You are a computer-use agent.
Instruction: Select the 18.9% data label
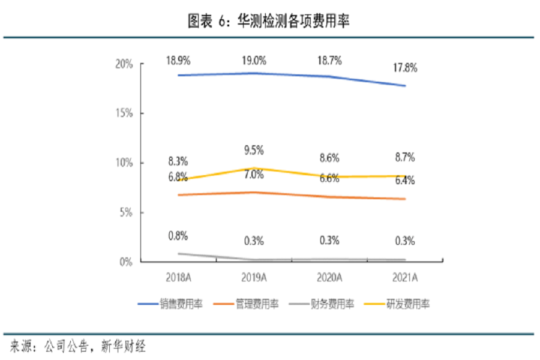(x=178, y=61)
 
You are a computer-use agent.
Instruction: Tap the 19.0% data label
(x=254, y=61)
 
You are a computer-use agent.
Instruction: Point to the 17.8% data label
(x=405, y=68)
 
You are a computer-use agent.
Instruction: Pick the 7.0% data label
(x=254, y=175)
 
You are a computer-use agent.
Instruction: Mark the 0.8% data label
(x=178, y=236)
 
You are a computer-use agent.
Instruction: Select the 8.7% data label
(x=405, y=158)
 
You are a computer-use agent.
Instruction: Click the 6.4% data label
(x=405, y=180)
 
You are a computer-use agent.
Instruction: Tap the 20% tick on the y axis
(x=124, y=64)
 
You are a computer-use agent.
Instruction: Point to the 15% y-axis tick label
(x=124, y=113)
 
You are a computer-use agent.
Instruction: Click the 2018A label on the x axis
(x=178, y=277)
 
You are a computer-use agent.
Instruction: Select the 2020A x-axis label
(x=329, y=277)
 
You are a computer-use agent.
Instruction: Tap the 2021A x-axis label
(x=405, y=277)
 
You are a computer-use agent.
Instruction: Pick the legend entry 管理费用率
(x=257, y=304)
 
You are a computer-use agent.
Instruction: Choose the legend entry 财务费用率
(x=334, y=304)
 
